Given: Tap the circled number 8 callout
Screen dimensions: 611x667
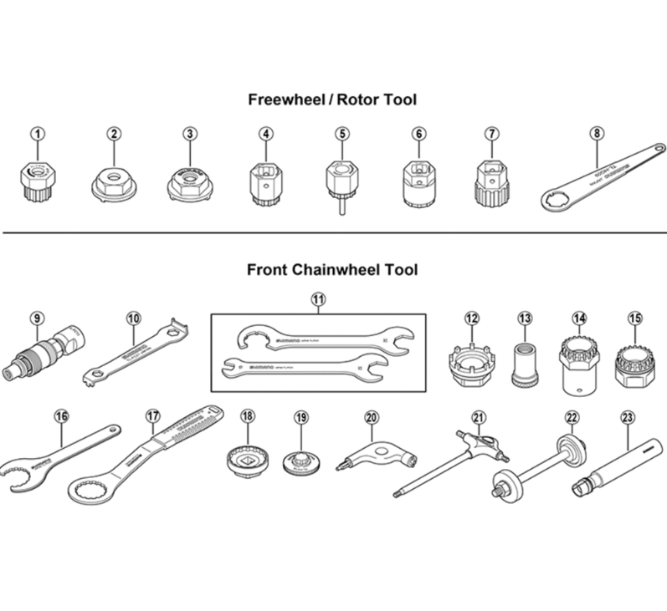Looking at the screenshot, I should pyautogui.click(x=596, y=133).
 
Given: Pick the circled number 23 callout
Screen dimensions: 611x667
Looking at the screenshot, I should pyautogui.click(x=627, y=415).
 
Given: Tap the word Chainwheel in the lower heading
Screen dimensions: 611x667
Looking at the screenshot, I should pyautogui.click(x=340, y=270).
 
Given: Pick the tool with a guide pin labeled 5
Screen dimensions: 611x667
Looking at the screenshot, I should pyautogui.click(x=341, y=181).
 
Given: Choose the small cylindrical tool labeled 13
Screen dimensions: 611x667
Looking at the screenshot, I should pyautogui.click(x=526, y=362).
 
